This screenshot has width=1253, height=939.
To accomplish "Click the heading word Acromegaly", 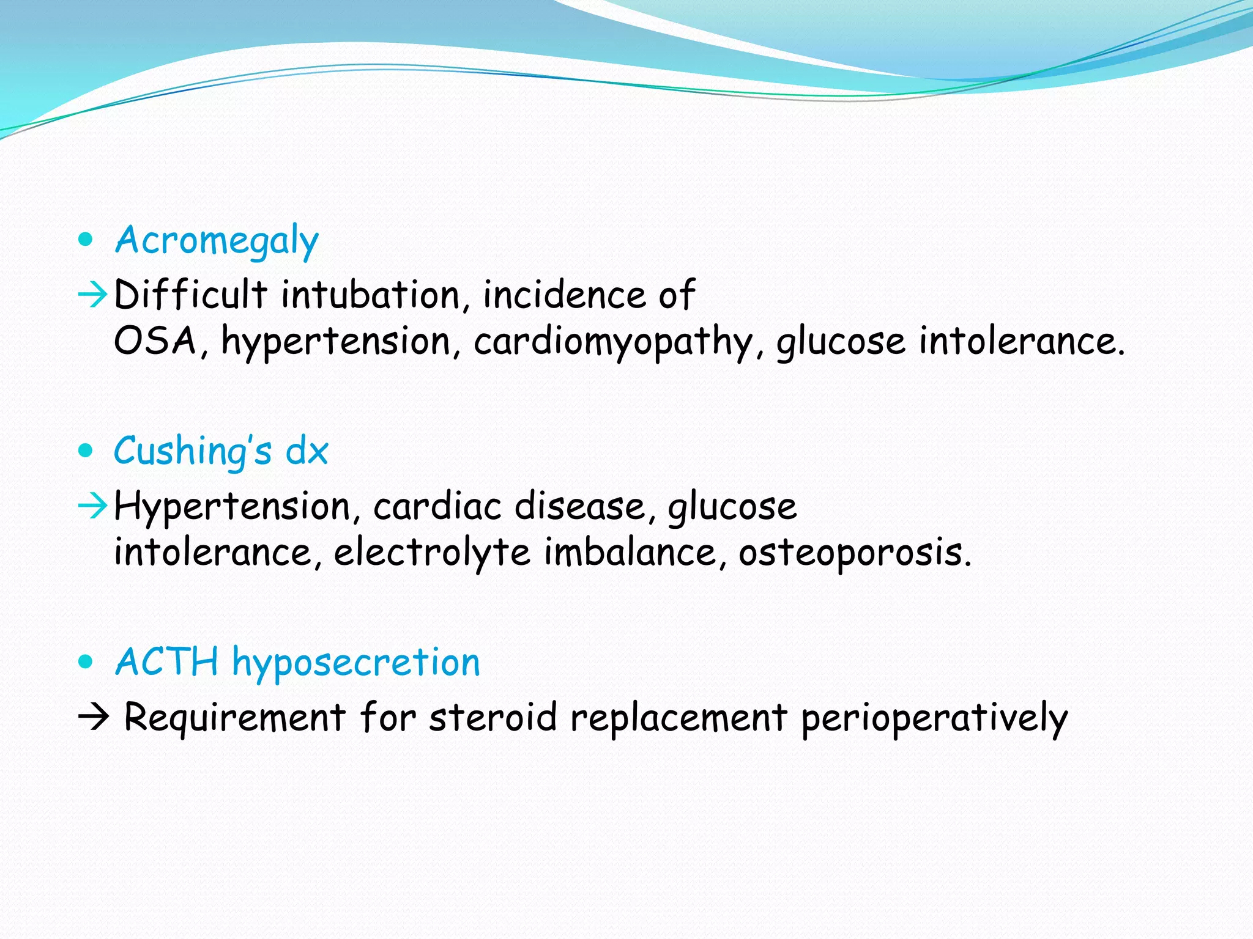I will click(217, 240).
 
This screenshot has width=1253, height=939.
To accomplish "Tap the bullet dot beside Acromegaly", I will click(86, 239).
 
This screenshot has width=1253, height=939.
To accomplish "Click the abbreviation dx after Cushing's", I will click(307, 451).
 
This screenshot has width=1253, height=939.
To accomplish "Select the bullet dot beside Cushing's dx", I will click(86, 451).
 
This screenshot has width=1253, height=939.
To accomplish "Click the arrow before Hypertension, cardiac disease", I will click(93, 507).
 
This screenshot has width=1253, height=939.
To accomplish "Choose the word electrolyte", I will click(431, 553).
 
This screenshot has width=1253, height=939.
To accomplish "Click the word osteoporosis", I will click(853, 553).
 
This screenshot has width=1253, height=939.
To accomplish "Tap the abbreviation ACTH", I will click(166, 662).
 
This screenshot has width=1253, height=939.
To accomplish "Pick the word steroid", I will click(493, 717).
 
